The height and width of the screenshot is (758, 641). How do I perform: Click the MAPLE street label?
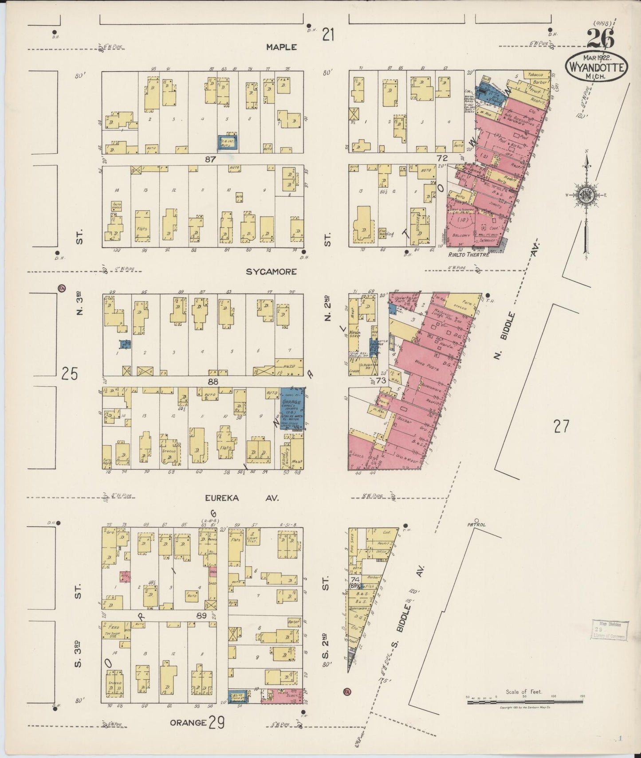tap(281, 47)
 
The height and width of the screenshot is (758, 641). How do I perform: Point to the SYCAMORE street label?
tap(271, 272)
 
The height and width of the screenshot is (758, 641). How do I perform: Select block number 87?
tap(210, 159)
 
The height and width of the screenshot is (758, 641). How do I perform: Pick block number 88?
tap(213, 382)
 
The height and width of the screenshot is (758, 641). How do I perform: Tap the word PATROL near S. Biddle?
tap(476, 525)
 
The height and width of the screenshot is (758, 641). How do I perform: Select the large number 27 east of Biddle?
tap(561, 426)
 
